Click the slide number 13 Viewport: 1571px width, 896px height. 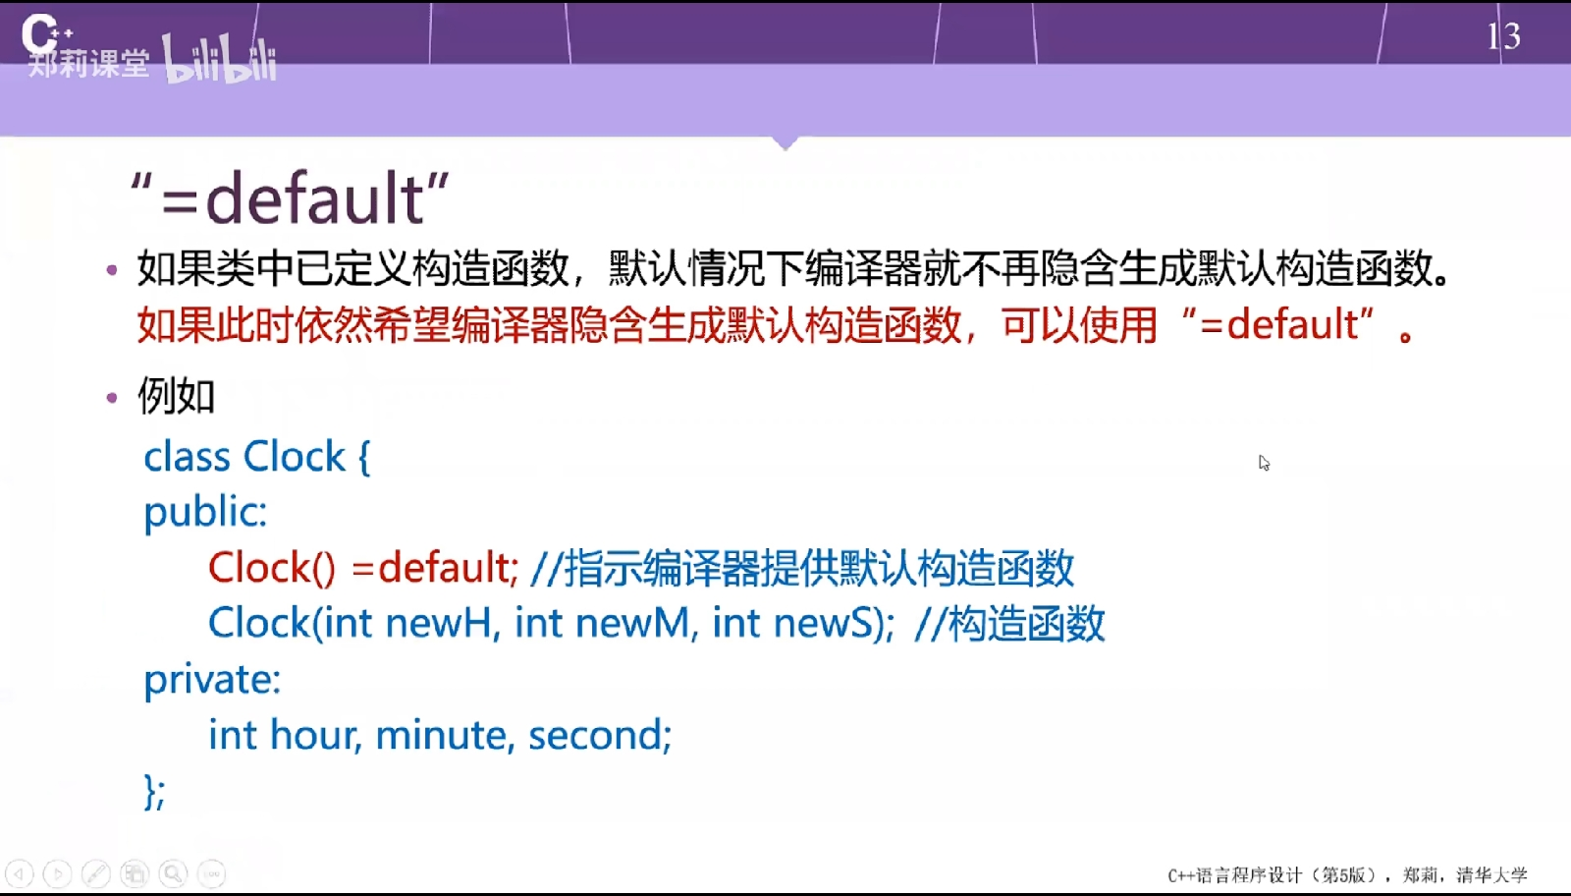(1503, 35)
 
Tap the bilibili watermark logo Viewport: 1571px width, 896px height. (220, 60)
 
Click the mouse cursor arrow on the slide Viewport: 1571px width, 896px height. (1264, 463)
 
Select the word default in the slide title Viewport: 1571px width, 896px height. (314, 199)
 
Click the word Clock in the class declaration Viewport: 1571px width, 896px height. (294, 457)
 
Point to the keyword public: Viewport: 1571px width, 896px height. (205, 512)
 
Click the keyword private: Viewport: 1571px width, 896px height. (212, 680)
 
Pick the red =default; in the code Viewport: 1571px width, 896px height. (436, 567)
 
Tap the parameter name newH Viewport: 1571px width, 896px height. (438, 623)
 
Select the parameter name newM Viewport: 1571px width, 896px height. (632, 623)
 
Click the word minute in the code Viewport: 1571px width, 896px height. (440, 735)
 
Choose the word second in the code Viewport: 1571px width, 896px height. (595, 735)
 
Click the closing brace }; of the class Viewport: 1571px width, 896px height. (154, 792)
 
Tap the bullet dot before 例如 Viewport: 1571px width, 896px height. (112, 399)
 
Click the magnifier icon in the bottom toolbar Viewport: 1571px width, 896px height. (173, 873)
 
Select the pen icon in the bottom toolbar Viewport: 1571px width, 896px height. (95, 873)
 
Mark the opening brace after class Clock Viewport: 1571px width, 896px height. (364, 458)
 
